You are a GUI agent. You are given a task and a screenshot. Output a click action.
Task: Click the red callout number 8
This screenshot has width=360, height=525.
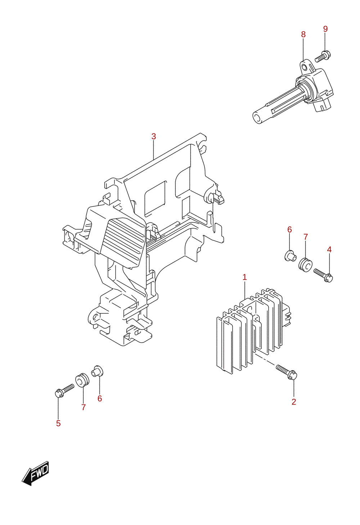[x=303, y=35]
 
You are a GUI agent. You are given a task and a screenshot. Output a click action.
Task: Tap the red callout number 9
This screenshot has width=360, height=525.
[x=325, y=29]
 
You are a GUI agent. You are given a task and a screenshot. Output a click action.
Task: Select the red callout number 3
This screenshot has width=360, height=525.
[x=154, y=136]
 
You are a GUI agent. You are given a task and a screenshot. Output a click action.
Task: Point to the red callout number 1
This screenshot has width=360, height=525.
[x=244, y=277]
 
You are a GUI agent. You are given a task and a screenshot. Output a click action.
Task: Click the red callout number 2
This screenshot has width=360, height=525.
[x=294, y=402]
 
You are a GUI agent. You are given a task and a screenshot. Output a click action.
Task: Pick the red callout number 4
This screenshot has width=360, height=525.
[x=329, y=250]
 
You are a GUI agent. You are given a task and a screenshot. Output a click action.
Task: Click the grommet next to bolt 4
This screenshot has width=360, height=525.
[x=305, y=265]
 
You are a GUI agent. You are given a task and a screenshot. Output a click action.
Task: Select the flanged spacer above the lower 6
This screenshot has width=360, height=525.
[x=97, y=371]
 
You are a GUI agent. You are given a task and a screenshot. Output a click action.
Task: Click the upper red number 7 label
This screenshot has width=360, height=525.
[x=306, y=237]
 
